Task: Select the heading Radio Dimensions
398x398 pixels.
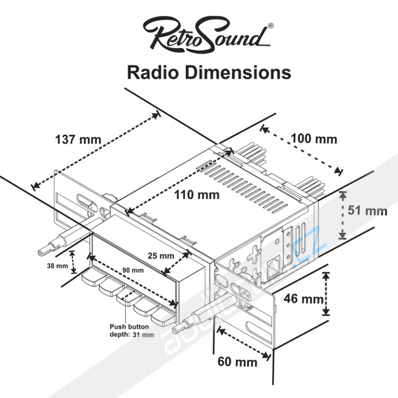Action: [x=209, y=72]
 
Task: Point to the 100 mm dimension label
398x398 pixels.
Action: [x=314, y=139]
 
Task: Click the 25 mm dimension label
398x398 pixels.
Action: [x=161, y=256]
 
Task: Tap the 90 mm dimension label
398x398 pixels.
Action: [x=133, y=271]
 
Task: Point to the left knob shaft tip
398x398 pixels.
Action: [x=43, y=252]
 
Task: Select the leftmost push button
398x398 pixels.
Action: [x=92, y=280]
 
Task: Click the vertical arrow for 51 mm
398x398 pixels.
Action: [x=342, y=215]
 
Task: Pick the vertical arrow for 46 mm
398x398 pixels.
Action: [x=325, y=294]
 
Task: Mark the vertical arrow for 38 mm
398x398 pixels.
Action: [x=74, y=262]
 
